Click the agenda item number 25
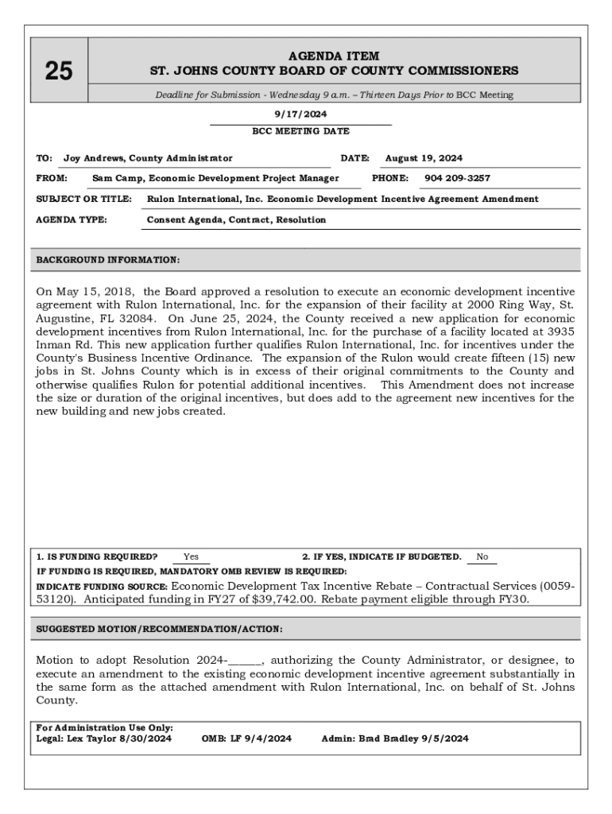tap(58, 72)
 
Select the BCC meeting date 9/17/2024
tap(300, 114)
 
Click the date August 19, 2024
tap(424, 158)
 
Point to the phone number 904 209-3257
tap(457, 178)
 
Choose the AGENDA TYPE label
tap(72, 219)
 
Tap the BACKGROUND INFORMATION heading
tap(108, 260)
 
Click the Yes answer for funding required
tap(191, 557)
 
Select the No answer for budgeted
tap(482, 557)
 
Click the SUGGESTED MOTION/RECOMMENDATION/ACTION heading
tap(159, 629)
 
